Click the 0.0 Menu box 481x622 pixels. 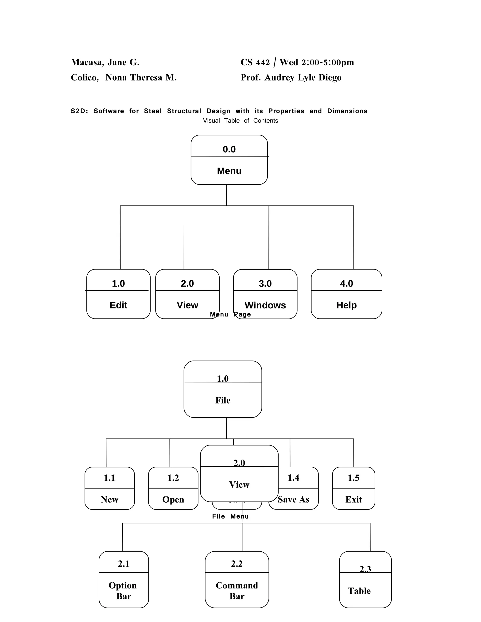click(229, 160)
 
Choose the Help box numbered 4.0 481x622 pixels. click(346, 294)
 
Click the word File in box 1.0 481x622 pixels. click(223, 400)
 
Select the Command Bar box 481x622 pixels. click(237, 580)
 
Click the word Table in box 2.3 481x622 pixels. click(359, 591)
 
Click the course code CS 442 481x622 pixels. click(255, 62)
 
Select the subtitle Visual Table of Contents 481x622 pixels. click(240, 120)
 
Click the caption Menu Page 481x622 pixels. click(230, 315)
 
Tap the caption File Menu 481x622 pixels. click(230, 516)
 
